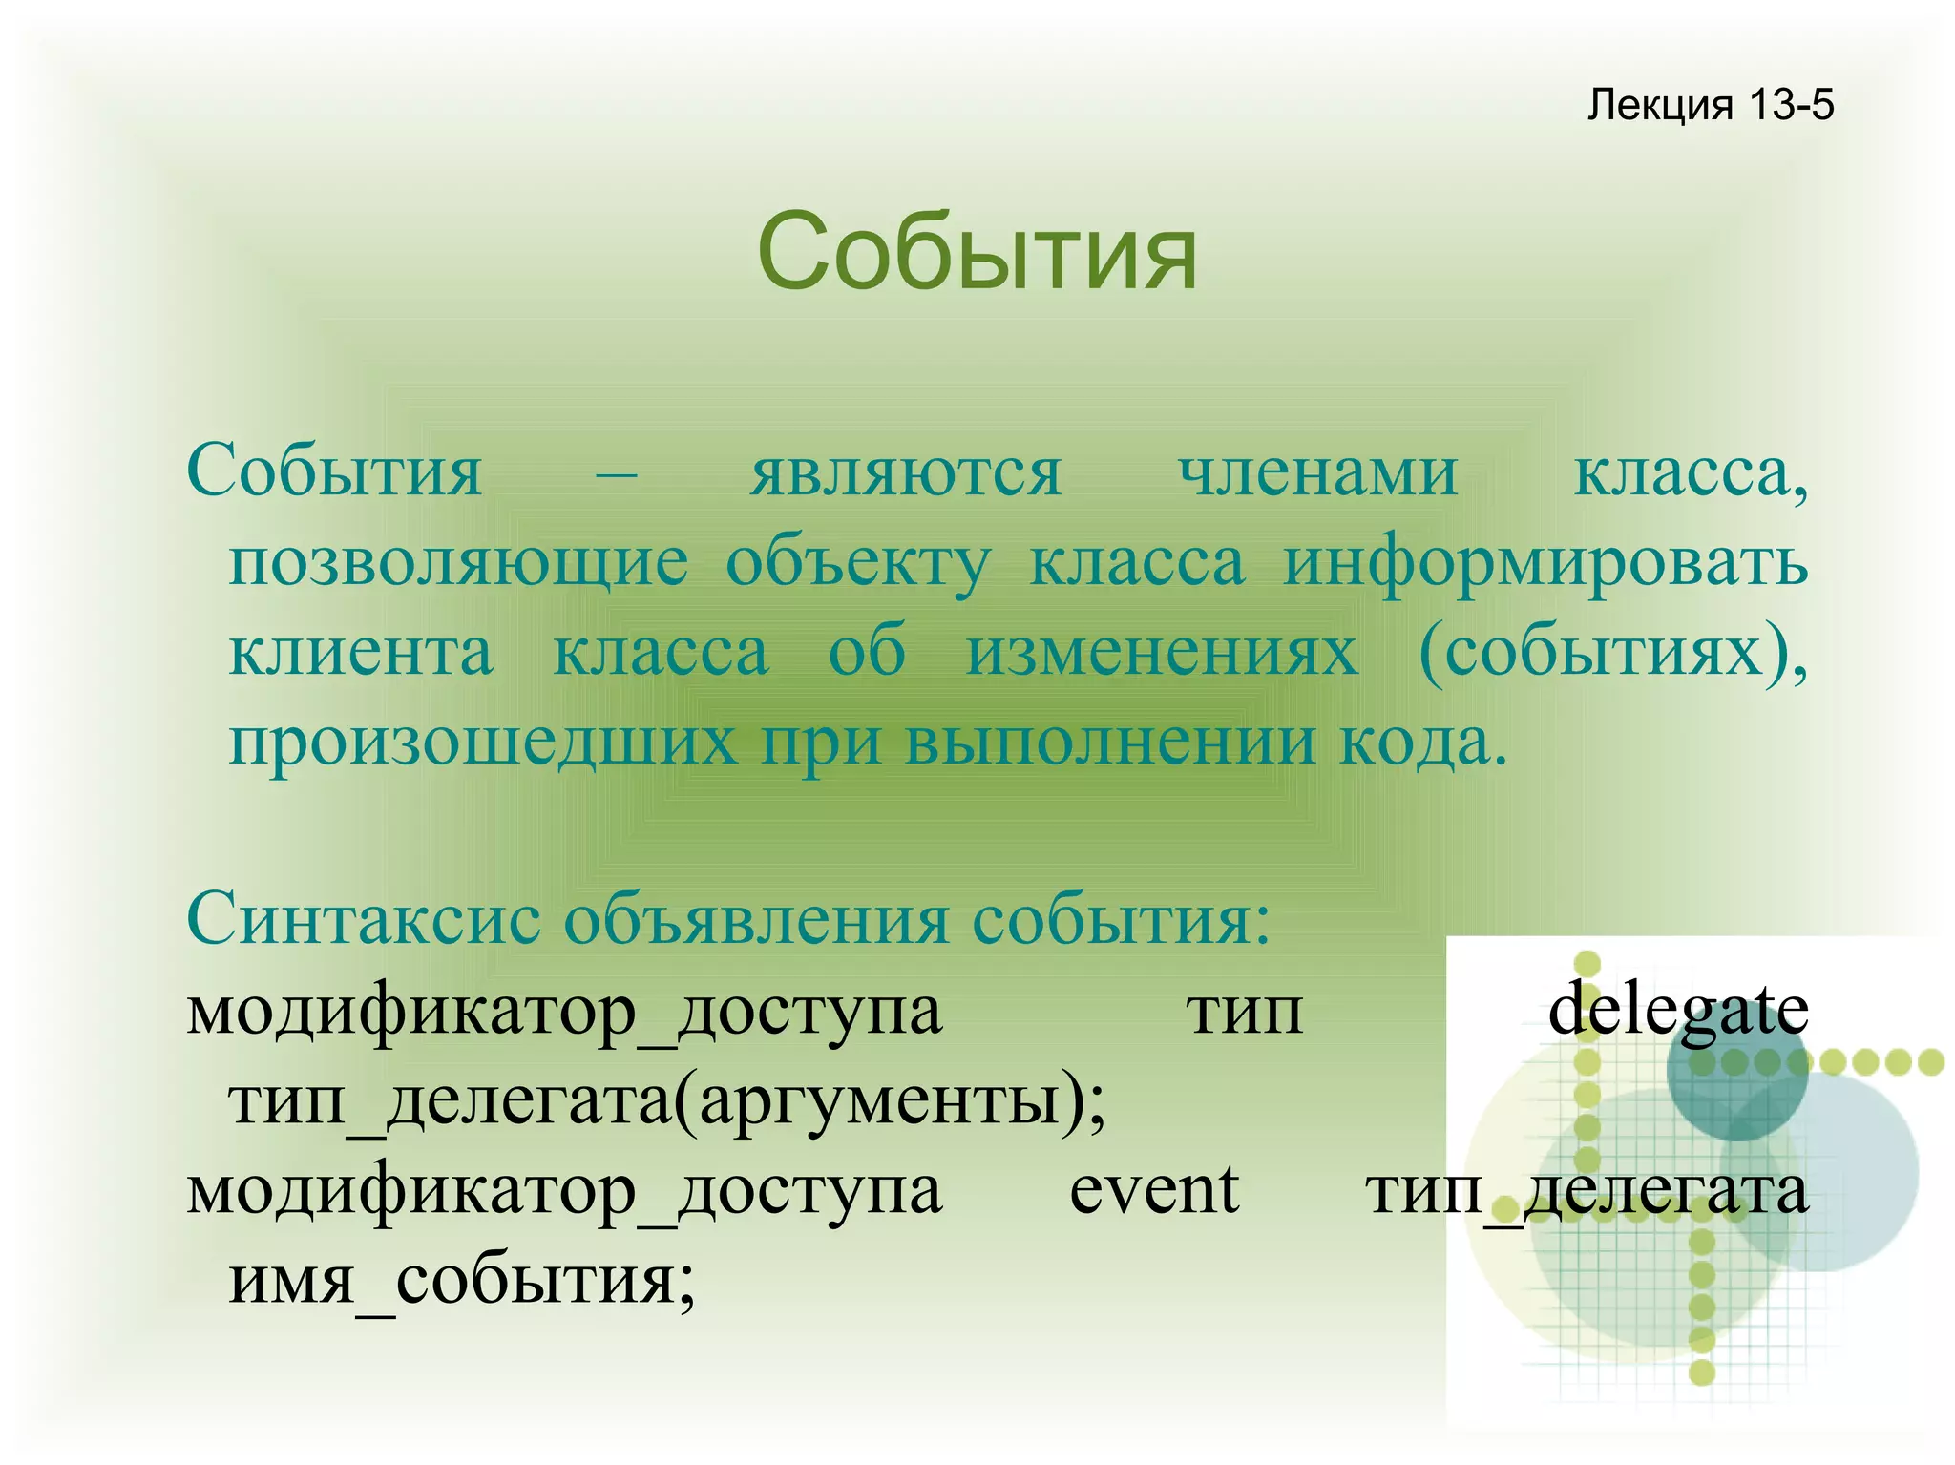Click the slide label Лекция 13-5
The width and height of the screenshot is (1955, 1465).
tap(1710, 104)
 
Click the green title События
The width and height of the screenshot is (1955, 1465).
tap(977, 253)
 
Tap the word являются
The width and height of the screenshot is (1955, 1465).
tap(905, 472)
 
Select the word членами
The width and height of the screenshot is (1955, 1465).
tap(1317, 472)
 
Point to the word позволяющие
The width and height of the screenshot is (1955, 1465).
tap(458, 563)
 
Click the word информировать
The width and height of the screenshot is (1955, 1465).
tap(1545, 563)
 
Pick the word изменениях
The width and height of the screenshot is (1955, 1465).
tap(1162, 653)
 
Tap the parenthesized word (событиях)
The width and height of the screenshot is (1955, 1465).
tap(1612, 653)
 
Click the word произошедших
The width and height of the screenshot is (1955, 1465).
tap(483, 743)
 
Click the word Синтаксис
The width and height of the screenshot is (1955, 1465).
tap(364, 919)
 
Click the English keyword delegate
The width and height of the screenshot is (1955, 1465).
tap(1677, 1010)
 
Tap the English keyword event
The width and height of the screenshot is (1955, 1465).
tap(1153, 1190)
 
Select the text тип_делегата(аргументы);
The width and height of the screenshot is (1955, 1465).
tap(666, 1100)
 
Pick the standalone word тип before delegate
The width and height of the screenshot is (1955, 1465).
tap(1245, 1010)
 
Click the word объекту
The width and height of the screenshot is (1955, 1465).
tap(858, 563)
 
